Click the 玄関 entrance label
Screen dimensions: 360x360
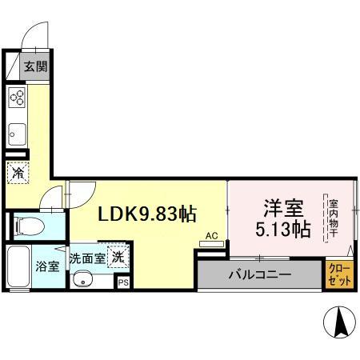[x=36, y=66]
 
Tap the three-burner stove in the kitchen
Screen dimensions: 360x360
[x=17, y=98]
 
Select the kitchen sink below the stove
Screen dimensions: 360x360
[x=17, y=134]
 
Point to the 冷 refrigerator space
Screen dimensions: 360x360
[x=18, y=173]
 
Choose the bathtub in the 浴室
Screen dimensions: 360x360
[x=18, y=266]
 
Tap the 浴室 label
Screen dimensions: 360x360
[x=47, y=266]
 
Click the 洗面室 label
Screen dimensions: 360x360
[x=87, y=258]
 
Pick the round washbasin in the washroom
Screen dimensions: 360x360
[x=82, y=279]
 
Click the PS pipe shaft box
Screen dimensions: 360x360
[x=123, y=282]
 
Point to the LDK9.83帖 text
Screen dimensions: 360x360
[x=147, y=214]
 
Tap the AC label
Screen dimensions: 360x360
[x=212, y=236]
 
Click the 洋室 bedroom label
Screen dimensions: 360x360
[x=284, y=208]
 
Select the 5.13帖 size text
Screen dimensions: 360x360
[x=283, y=229]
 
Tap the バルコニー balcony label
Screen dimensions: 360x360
[x=260, y=274]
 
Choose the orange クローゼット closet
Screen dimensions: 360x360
[x=339, y=274]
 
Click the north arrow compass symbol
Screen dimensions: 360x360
[x=339, y=322]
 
